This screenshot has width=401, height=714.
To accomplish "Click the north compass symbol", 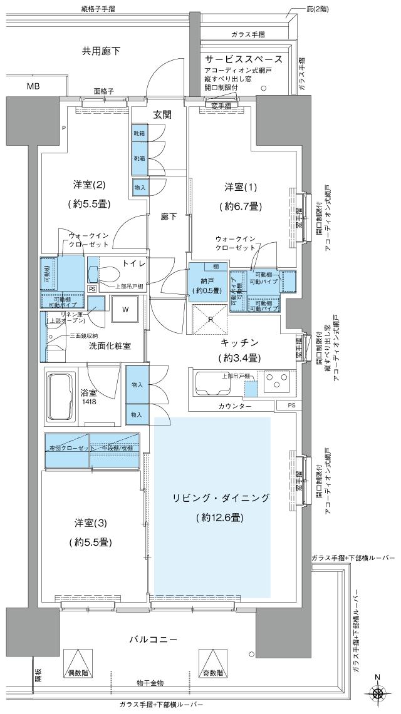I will (378, 694).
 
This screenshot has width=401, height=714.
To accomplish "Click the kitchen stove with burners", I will (276, 381).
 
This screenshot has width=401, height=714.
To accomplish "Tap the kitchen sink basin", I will (213, 382).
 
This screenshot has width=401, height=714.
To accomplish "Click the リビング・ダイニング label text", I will (221, 498).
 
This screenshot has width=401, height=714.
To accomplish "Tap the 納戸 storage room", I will (206, 285).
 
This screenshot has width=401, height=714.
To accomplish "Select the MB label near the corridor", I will (33, 86).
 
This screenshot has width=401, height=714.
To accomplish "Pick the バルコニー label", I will (154, 640).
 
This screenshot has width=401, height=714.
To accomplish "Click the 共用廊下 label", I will (101, 50).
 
